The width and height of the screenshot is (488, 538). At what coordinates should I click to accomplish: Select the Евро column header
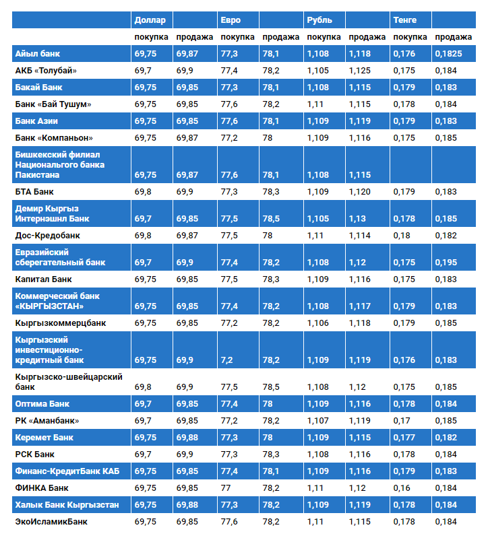(x=231, y=20)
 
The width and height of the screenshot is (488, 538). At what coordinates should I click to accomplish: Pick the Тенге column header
(x=405, y=20)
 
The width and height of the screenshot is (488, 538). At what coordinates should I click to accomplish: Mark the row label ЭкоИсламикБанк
(x=51, y=521)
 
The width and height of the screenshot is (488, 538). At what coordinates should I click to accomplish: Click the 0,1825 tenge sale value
(x=449, y=53)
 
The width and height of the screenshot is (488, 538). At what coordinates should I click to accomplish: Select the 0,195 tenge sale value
(x=446, y=263)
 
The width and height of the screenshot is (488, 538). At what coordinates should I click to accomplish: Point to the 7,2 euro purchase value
(x=226, y=360)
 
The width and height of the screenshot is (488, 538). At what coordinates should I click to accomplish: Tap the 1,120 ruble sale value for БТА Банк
(x=360, y=192)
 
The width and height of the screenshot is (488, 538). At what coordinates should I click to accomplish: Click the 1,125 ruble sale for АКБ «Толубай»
(x=360, y=71)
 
